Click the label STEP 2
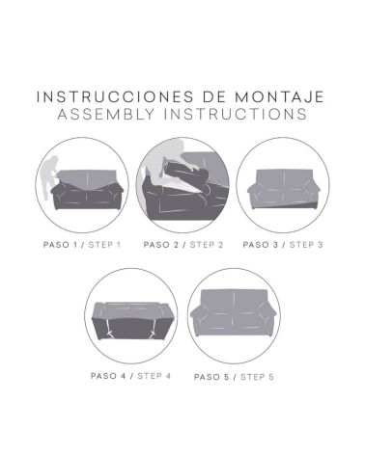pos(207,245)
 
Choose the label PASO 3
pos(260,245)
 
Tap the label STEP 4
pos(154,375)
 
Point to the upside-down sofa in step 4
pos(130,313)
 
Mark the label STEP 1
pos(105,245)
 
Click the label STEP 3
pos(306,245)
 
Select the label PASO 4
pos(110,375)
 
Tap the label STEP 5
pos(257,376)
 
